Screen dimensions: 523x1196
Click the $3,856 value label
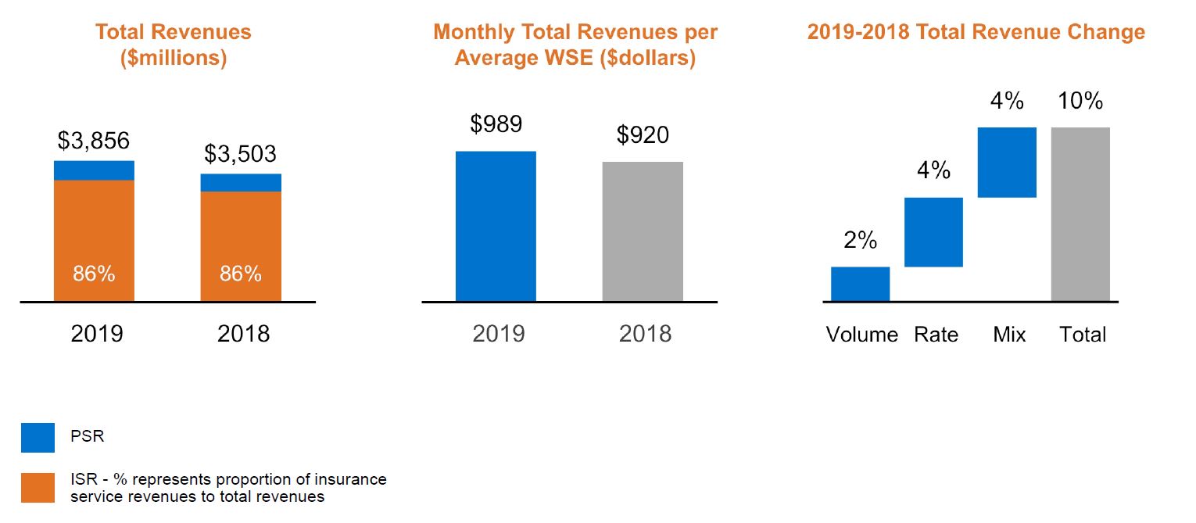[x=94, y=141]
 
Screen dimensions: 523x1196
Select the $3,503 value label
[x=240, y=154]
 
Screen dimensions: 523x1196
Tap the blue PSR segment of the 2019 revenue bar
[x=94, y=170]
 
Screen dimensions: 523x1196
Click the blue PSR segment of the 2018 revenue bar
[x=241, y=183]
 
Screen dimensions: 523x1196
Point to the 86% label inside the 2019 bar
[x=94, y=274]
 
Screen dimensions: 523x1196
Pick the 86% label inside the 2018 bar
[x=241, y=274]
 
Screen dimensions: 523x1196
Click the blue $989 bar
[x=496, y=227]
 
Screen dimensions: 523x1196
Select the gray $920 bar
[x=643, y=232]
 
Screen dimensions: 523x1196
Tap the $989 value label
[x=496, y=124]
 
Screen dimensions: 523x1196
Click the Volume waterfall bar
[x=860, y=284]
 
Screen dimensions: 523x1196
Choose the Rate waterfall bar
[x=933, y=232]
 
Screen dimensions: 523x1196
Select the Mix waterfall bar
[x=1007, y=163]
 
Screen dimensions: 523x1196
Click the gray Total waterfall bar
[x=1080, y=214]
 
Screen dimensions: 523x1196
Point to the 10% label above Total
[x=1080, y=101]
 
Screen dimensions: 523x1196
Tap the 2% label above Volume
[x=860, y=241]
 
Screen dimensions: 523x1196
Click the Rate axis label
[x=936, y=335]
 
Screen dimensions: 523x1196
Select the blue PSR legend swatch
[x=38, y=438]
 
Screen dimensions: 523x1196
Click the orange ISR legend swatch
[x=38, y=488]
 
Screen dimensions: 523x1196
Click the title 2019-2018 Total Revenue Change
[x=976, y=33]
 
